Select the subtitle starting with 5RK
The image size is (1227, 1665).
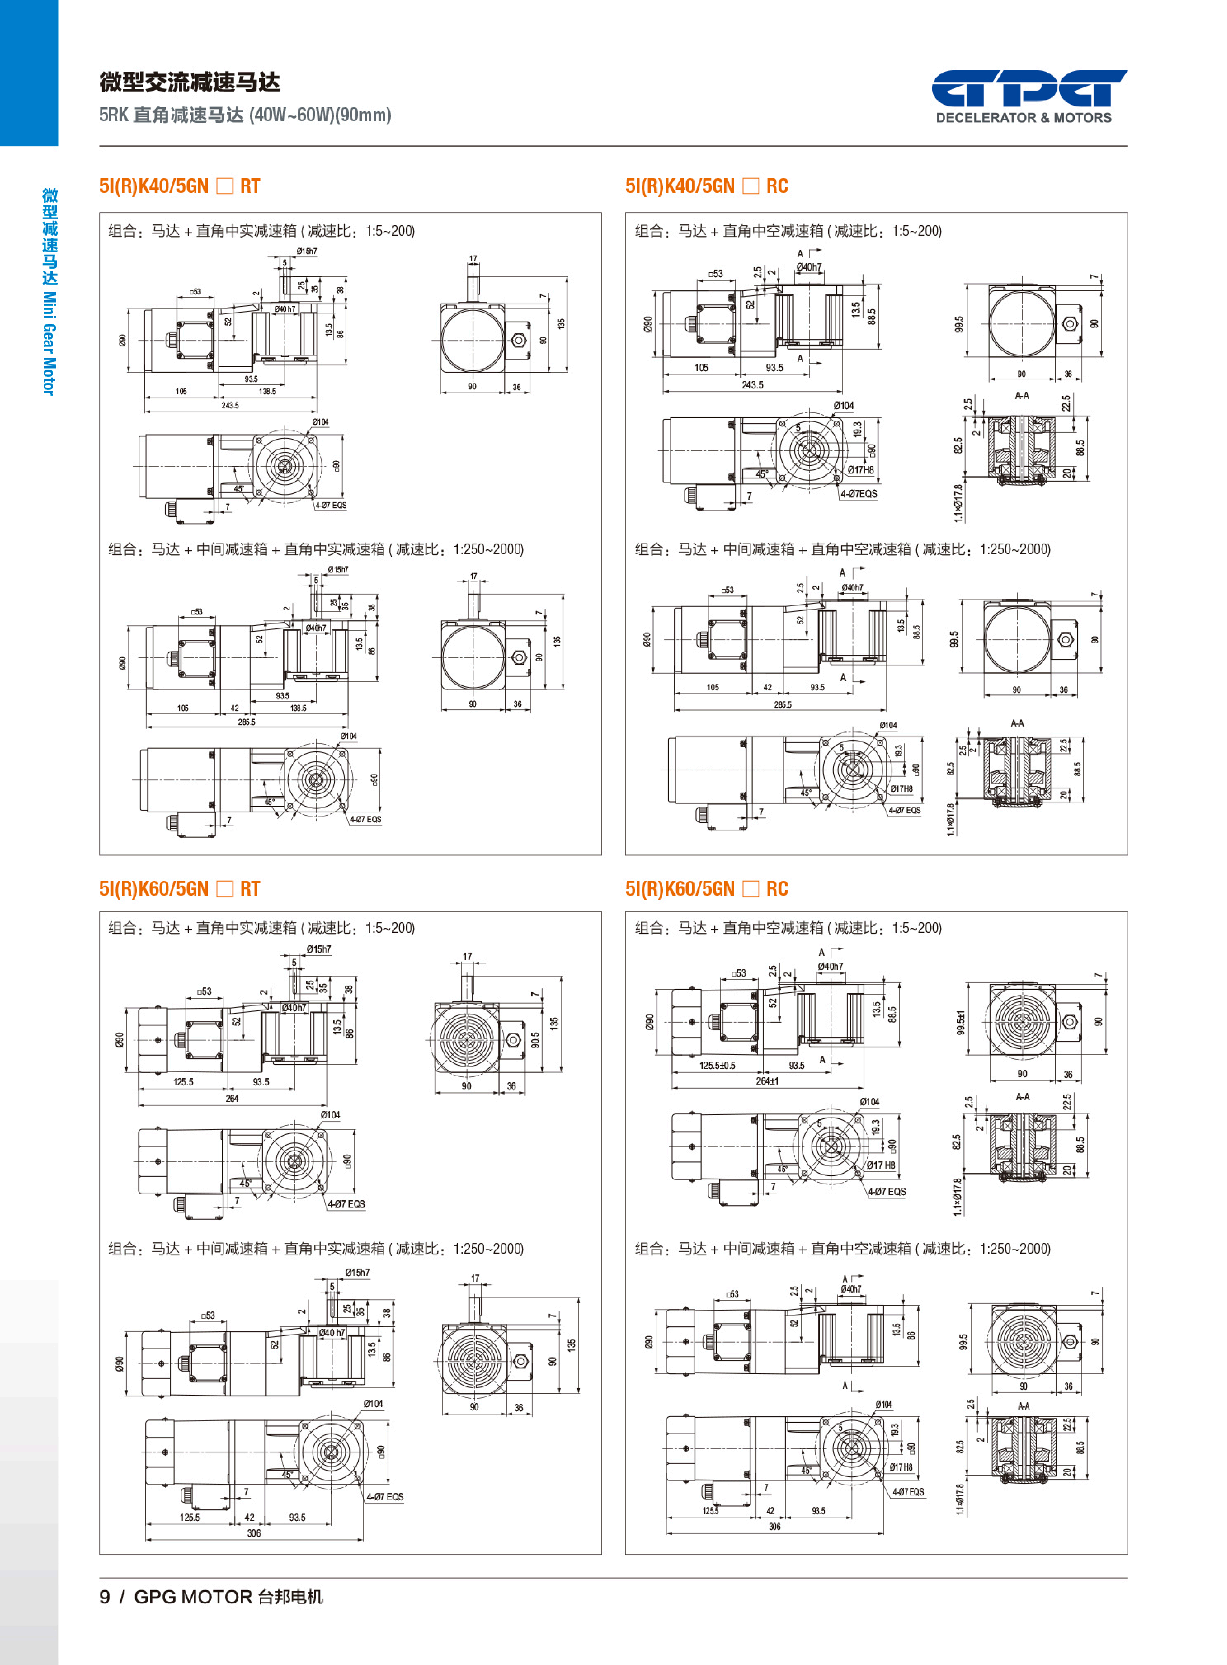point(245,115)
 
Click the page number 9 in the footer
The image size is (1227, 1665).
point(105,1597)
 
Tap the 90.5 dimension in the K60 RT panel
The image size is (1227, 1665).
point(535,1040)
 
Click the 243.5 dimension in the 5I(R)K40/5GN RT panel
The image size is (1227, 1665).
point(230,405)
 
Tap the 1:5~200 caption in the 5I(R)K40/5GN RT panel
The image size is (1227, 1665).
point(389,231)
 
